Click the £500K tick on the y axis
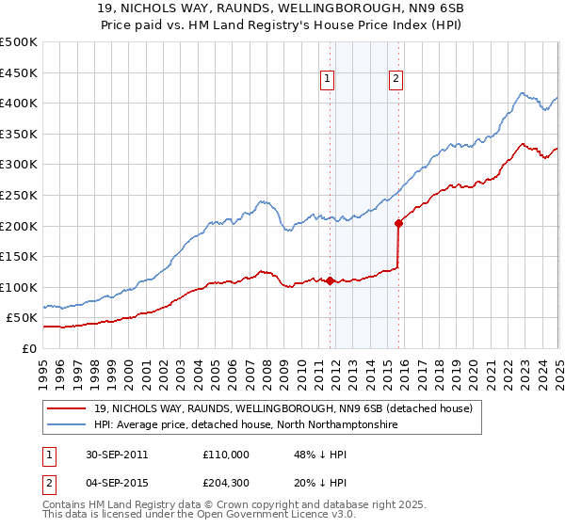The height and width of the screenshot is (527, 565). (x=19, y=42)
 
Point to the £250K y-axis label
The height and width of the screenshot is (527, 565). (x=19, y=195)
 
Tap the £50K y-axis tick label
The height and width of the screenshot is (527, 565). (x=22, y=318)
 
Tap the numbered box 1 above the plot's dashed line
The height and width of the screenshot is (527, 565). (x=327, y=80)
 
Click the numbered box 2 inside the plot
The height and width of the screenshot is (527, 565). (x=395, y=80)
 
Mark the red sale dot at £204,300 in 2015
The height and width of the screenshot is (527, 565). (x=398, y=224)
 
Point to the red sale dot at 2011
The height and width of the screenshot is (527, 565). (x=331, y=281)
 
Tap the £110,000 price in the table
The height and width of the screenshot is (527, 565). (x=226, y=454)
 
